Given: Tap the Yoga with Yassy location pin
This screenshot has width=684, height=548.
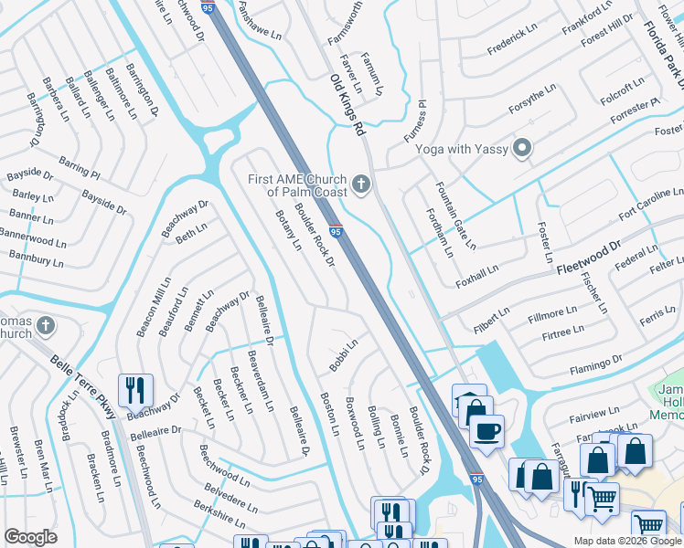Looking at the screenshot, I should coord(522,148).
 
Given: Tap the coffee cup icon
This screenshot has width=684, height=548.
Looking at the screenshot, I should coord(487,430).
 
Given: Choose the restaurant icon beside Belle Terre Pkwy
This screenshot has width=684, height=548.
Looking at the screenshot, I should coord(135,390).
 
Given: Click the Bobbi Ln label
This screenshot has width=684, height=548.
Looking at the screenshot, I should coord(343,355).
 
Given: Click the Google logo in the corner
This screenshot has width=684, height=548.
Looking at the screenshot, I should coord(30,537).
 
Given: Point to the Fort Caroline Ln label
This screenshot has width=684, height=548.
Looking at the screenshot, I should coord(650,205).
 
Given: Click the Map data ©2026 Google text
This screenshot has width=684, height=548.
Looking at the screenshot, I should coord(627,541).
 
